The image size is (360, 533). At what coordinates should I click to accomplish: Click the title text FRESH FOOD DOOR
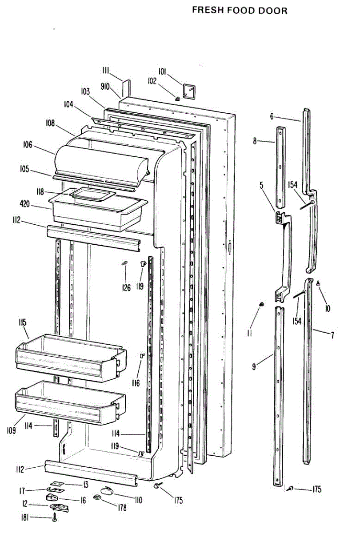click(x=240, y=10)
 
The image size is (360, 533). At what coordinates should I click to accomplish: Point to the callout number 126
click(x=127, y=288)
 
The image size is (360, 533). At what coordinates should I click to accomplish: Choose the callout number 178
click(x=121, y=507)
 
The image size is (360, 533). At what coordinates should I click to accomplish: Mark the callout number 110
click(x=138, y=501)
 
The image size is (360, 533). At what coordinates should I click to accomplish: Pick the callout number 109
click(x=24, y=430)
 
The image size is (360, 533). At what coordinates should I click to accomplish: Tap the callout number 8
click(x=255, y=141)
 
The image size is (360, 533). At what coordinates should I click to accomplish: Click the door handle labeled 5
click(x=284, y=253)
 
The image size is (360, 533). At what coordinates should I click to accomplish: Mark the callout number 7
click(x=332, y=335)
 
